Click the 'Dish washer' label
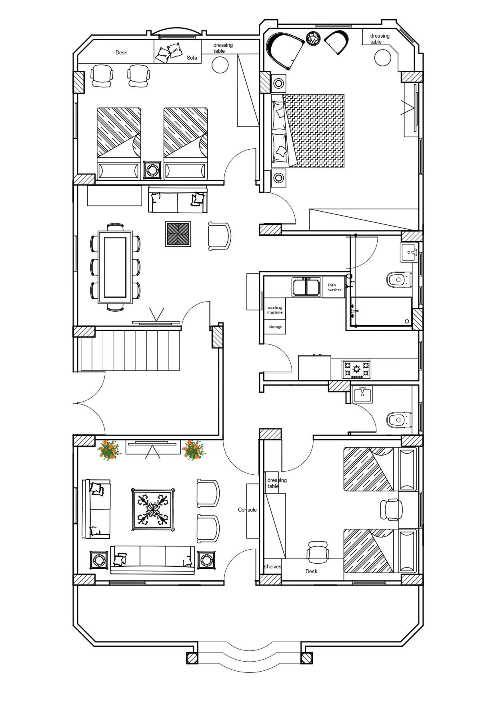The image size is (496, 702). point(335,288)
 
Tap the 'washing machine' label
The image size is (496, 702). point(275,310)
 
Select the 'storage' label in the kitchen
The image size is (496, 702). point(275,327)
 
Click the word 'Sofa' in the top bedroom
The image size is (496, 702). point(192,58)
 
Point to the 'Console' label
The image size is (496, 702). point(247,510)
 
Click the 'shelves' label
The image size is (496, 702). point(272,566)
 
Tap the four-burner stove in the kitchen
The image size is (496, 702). point(356,370)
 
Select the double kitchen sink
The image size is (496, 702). point(306,287)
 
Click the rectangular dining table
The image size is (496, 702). point(115,267)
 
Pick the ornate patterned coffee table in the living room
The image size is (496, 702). point(153,510)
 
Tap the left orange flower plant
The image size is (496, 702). point(109,450)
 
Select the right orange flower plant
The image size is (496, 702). point(194,450)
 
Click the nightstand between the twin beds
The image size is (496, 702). point(152,170)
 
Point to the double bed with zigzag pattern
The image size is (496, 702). point(308,131)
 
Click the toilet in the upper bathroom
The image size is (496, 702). point(399,279)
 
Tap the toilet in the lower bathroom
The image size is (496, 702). point(399,420)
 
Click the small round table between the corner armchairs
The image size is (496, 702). point(313,38)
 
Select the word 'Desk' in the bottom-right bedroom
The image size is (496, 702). point(311,571)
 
